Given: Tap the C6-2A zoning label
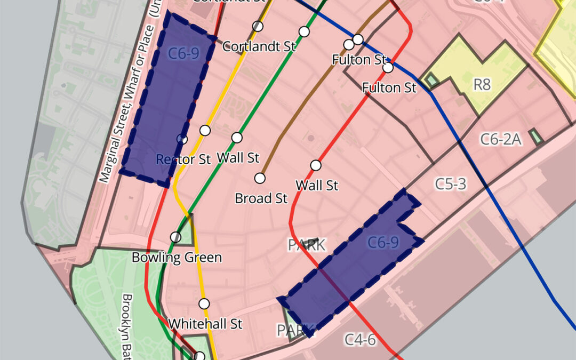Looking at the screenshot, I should (x=501, y=139).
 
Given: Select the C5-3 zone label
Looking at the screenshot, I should (x=450, y=184).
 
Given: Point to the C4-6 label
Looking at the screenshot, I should (x=360, y=339).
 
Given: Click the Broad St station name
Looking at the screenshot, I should (x=261, y=198).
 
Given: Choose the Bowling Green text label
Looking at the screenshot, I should (x=177, y=258).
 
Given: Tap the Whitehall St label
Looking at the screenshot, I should (x=205, y=324).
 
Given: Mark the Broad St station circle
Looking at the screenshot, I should (x=260, y=178).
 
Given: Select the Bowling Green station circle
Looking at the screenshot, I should (x=175, y=237).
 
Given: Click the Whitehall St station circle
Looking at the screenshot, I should (x=204, y=304).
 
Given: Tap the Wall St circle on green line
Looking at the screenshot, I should (x=237, y=138).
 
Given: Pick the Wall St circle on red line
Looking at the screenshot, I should (x=316, y=165).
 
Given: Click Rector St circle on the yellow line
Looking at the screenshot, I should (x=205, y=130).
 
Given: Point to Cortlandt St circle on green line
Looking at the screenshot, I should (x=304, y=31).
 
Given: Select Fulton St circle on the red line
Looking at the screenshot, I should (x=388, y=68).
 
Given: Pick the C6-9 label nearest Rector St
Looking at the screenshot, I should (x=183, y=53).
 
